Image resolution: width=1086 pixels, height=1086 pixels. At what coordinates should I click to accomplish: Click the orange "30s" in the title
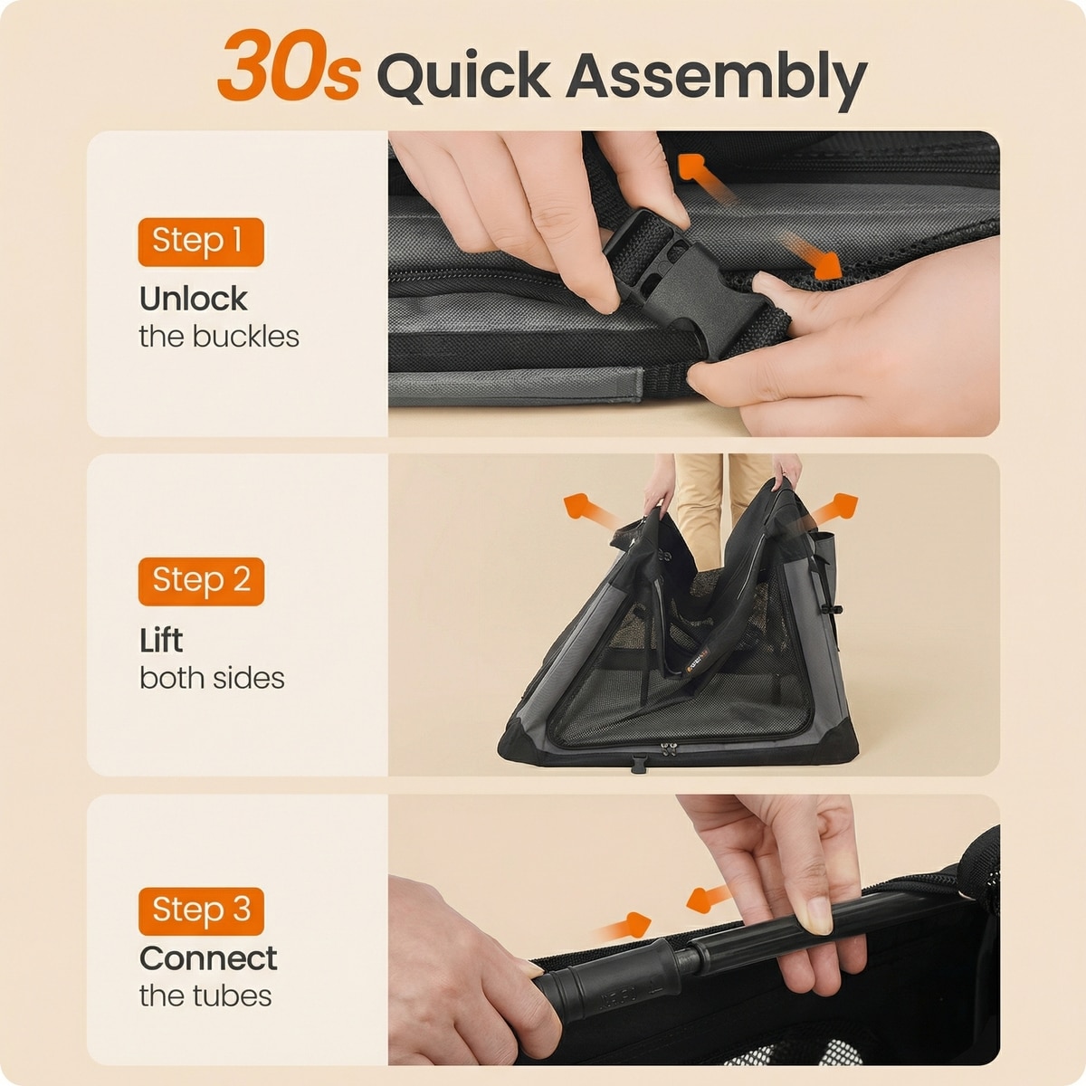click(x=289, y=65)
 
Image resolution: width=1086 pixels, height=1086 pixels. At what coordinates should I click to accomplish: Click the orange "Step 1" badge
click(x=201, y=242)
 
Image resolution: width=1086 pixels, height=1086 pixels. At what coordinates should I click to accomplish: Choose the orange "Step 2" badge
click(x=201, y=582)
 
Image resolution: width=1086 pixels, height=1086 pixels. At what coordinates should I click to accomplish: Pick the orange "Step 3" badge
click(x=201, y=911)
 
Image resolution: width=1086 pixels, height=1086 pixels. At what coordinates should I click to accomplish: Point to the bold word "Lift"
click(x=161, y=640)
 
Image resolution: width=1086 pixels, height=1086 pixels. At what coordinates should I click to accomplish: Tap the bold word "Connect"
click(x=208, y=958)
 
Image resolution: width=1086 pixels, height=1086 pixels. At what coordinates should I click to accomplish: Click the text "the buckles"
click(x=219, y=337)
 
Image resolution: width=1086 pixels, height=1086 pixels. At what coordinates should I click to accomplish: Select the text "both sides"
click(x=212, y=678)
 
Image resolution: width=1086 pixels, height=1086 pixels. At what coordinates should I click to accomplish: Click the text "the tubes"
click(x=205, y=995)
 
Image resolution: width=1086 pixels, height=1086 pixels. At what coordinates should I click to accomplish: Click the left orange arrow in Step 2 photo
click(x=590, y=510)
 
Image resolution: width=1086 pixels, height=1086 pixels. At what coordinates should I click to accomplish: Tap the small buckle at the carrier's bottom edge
click(x=639, y=764)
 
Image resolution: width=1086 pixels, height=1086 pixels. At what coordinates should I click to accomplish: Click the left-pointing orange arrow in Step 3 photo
click(x=709, y=899)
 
